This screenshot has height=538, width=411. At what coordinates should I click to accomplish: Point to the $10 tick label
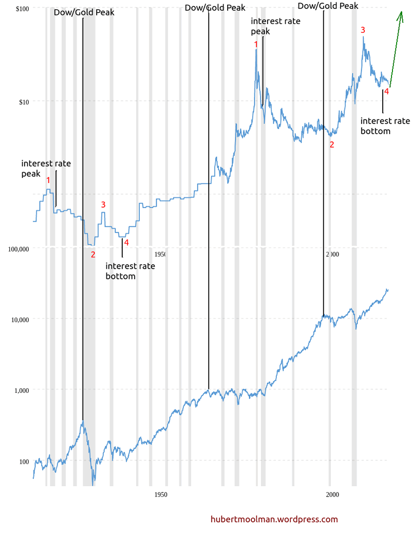pos(23,102)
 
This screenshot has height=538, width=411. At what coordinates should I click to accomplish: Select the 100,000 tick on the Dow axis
pos(18,249)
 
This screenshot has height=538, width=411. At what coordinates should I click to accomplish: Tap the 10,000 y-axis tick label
pos(20,319)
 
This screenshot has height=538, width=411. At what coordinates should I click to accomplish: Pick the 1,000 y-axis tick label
pos(21,390)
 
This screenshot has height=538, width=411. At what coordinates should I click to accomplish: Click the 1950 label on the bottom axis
pos(161,495)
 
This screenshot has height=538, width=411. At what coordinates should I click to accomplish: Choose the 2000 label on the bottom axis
pos(332,495)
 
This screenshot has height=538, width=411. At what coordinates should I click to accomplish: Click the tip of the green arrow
pos(401,12)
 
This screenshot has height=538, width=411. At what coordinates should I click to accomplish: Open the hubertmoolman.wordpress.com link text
pos(274,520)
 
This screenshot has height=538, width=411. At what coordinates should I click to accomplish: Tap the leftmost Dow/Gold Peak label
pos(84,12)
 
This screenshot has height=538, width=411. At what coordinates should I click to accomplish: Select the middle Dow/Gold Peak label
pos(214,8)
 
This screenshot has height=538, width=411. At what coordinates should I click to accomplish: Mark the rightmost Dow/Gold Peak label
pos(327,5)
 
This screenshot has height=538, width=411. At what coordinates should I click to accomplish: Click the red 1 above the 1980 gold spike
pos(256,45)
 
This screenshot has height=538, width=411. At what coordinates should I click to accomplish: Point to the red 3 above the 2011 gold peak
pos(363,30)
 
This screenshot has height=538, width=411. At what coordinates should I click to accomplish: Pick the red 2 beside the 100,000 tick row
pos(93,254)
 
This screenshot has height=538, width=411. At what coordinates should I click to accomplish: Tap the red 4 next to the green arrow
pos(386,91)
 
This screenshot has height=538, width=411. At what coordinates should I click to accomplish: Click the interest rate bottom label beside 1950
pos(130,271)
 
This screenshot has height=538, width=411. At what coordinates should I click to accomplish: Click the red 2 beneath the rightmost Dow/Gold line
pos(332,145)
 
